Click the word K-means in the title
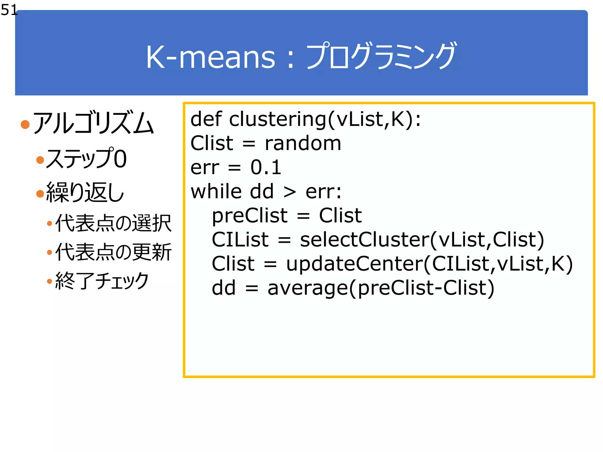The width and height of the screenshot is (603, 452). point(210,57)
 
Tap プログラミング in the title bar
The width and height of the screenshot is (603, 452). point(381,56)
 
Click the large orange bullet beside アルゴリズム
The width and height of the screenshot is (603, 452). point(25,124)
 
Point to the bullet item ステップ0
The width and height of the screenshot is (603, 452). point(86,159)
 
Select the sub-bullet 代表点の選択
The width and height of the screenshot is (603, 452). point(113,223)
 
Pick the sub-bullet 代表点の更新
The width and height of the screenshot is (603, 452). point(113,252)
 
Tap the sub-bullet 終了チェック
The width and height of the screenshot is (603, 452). point(102,281)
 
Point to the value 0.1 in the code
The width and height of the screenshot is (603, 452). point(266,167)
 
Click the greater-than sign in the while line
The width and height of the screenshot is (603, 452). point(289,192)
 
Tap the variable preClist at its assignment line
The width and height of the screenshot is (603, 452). point(249,216)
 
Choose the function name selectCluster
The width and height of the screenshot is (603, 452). point(365,239)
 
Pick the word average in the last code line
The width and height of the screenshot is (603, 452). point(308,288)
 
